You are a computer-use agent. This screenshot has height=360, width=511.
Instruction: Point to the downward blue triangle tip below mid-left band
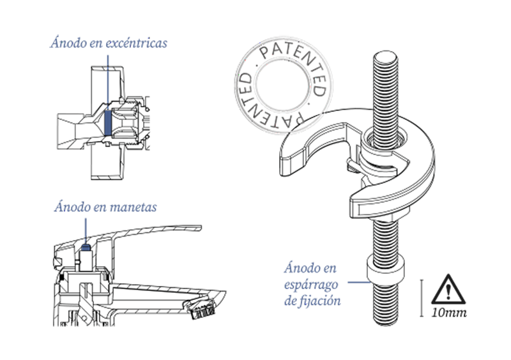pyautogui.click(x=86, y=238)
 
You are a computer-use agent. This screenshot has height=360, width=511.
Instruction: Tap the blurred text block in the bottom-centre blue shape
pyautogui.click(x=313, y=281)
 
